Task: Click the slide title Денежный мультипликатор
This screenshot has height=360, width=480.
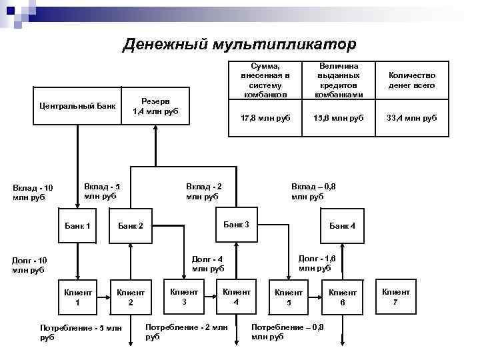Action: (239, 44)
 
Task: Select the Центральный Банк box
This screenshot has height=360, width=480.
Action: (77, 106)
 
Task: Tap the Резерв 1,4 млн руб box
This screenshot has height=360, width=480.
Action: (155, 106)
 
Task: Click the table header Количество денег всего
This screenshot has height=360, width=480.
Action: (411, 80)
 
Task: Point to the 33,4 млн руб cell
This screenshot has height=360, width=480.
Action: (411, 117)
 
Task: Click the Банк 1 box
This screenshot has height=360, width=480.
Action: (77, 226)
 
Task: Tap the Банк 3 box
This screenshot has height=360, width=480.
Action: (235, 225)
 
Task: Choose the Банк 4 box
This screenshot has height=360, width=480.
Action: (343, 226)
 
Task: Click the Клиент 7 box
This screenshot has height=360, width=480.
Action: (396, 296)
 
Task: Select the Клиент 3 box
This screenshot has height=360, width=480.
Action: (184, 296)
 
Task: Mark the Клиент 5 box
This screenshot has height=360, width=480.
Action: (289, 297)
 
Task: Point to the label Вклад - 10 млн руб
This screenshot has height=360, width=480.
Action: (33, 192)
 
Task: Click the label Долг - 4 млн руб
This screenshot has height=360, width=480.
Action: (208, 264)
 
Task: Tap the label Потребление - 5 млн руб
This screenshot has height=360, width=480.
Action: (81, 332)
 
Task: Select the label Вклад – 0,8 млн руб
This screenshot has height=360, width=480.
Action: (313, 191)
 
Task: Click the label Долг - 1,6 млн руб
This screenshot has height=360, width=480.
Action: (317, 263)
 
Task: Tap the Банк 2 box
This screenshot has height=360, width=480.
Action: (131, 226)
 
